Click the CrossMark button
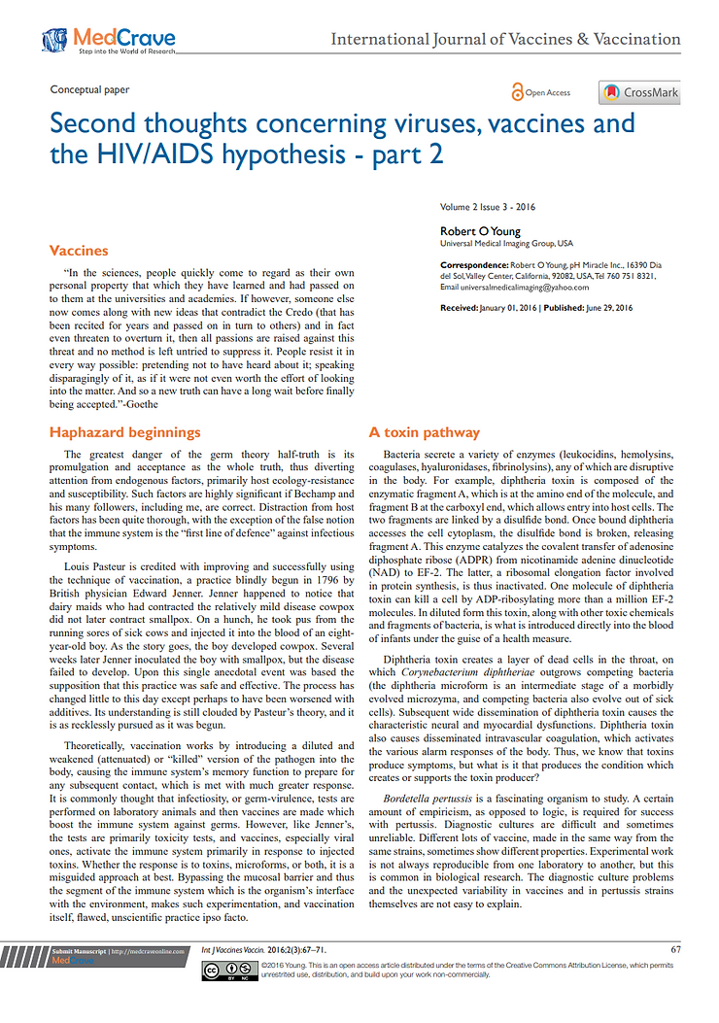click(639, 93)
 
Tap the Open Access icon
click(541, 92)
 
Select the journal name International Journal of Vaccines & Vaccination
click(505, 40)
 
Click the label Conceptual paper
click(89, 90)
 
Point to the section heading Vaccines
click(79, 251)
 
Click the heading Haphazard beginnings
click(124, 432)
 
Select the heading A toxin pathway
click(423, 432)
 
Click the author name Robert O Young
click(480, 231)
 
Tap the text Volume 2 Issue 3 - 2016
click(488, 207)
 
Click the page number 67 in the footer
click(675, 949)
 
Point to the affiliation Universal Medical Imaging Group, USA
click(506, 243)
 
